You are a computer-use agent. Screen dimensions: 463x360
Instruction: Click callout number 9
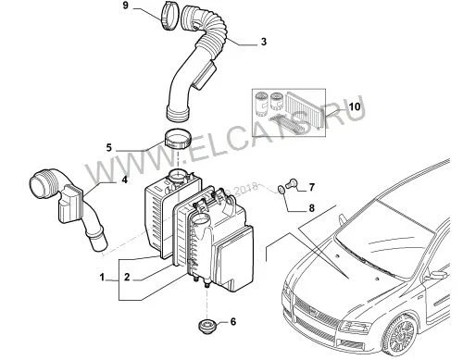(x=125, y=6)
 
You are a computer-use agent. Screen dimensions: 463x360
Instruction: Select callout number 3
(x=263, y=42)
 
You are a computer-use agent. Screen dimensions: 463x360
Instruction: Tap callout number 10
(x=355, y=106)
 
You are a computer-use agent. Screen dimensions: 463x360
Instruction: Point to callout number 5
(x=109, y=147)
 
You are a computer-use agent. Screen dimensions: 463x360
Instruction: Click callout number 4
(x=124, y=180)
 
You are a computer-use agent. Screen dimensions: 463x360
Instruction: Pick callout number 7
(x=311, y=187)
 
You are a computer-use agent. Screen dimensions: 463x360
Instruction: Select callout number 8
(x=311, y=208)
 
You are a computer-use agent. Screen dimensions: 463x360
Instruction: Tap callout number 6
(x=233, y=322)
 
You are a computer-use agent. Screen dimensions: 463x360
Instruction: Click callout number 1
(x=102, y=278)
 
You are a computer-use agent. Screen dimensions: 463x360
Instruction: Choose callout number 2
(x=127, y=278)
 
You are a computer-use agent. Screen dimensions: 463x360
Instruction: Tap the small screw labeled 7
(x=290, y=184)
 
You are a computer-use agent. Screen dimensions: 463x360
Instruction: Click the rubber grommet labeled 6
(x=206, y=326)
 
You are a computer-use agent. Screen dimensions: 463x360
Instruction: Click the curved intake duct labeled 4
(x=70, y=204)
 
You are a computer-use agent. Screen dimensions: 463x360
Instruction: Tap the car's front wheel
(x=401, y=335)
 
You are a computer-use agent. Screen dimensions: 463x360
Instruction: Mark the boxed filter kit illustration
(x=289, y=112)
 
